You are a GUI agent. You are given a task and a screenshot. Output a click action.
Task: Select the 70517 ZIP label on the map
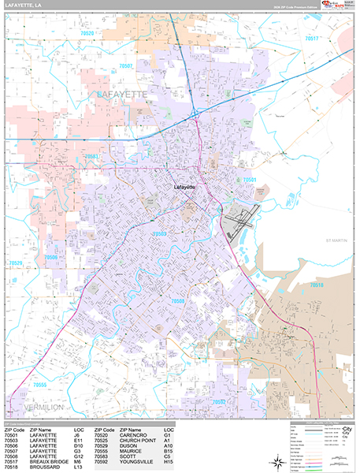[x=314, y=39]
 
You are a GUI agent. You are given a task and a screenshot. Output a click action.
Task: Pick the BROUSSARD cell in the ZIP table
[x=44, y=467]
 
